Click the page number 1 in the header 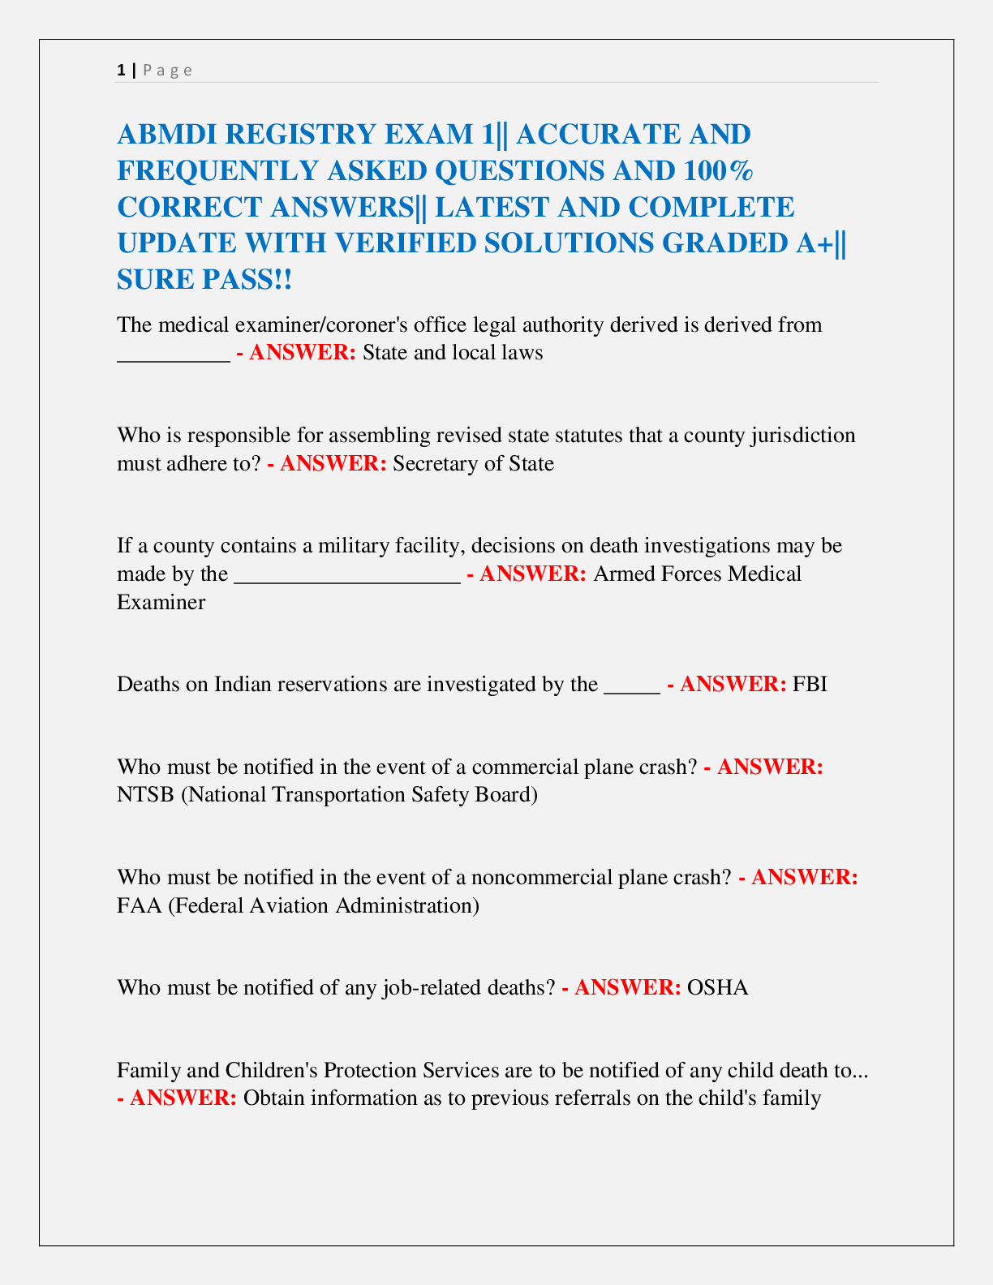(x=121, y=70)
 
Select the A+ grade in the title (x=815, y=243)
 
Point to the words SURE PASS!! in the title (x=204, y=279)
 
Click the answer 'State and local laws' (x=453, y=353)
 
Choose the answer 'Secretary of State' (x=474, y=464)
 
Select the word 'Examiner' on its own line (x=161, y=602)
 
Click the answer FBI (x=810, y=684)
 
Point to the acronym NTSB (x=145, y=794)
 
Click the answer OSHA (x=717, y=987)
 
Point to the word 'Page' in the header (x=168, y=70)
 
